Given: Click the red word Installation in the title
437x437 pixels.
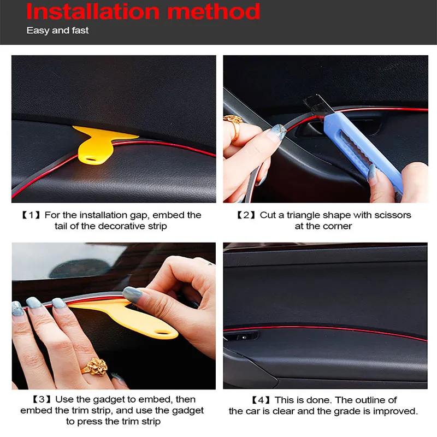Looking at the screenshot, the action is [x=93, y=11].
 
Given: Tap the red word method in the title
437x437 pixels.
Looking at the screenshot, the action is [x=214, y=11].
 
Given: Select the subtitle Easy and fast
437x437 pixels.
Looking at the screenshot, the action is [x=57, y=30].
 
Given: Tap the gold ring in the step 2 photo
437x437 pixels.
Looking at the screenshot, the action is [x=234, y=127].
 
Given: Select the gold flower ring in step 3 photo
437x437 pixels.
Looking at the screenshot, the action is [x=96, y=367].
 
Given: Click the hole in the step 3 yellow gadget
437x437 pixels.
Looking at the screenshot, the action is [x=162, y=333].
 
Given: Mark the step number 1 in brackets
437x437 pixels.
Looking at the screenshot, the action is [x=31, y=215].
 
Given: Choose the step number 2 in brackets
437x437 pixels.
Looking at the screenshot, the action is [x=246, y=215].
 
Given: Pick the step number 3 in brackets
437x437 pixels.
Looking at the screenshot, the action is [x=42, y=399].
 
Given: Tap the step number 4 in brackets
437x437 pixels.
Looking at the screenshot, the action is [x=261, y=400].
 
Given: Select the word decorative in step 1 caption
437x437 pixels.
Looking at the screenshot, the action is [x=121, y=226].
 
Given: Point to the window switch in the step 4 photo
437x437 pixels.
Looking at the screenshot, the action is [x=244, y=337].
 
